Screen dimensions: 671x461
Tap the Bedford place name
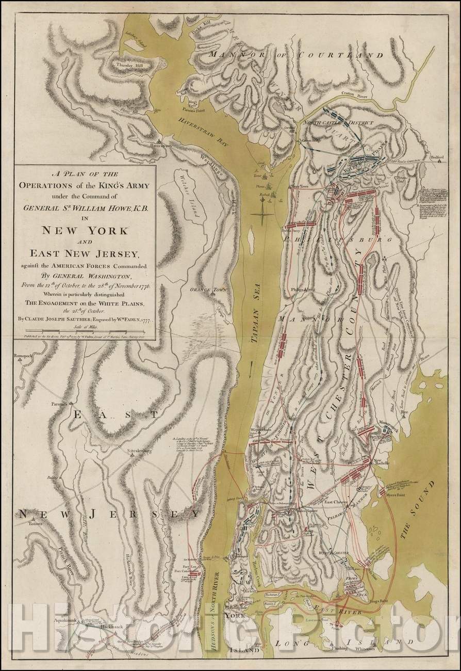[x=437, y=155]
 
